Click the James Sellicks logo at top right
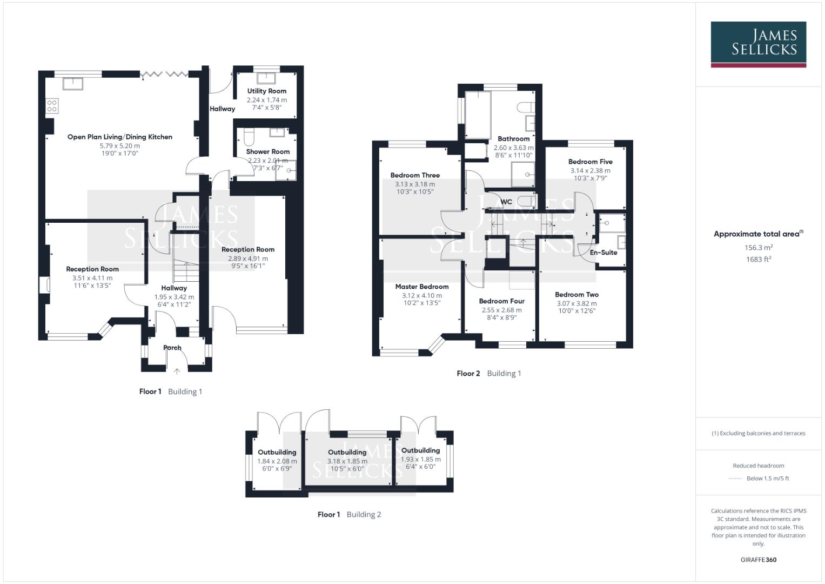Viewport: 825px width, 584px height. (x=758, y=44)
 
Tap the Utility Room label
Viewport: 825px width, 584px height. (x=267, y=91)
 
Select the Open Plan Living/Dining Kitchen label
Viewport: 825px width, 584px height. (x=120, y=137)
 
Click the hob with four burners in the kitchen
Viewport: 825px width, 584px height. (x=52, y=105)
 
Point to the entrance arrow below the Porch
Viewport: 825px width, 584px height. (x=177, y=371)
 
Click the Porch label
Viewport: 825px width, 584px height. (x=172, y=348)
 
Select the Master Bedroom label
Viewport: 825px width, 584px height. (x=421, y=287)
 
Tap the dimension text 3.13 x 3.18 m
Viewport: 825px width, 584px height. (x=414, y=184)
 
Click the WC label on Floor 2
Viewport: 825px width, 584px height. (x=506, y=202)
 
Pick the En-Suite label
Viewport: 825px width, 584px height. (x=603, y=253)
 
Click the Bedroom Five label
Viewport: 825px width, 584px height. (x=590, y=162)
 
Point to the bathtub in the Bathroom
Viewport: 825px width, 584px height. (x=478, y=115)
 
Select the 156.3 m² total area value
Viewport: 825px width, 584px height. (x=758, y=248)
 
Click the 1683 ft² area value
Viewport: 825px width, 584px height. (x=758, y=260)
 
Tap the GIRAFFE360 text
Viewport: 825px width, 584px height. (x=758, y=560)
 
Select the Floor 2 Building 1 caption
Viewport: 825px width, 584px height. (x=488, y=373)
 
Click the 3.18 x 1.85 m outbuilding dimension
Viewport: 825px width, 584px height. (x=347, y=461)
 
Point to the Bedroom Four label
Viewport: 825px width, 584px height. (x=501, y=301)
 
